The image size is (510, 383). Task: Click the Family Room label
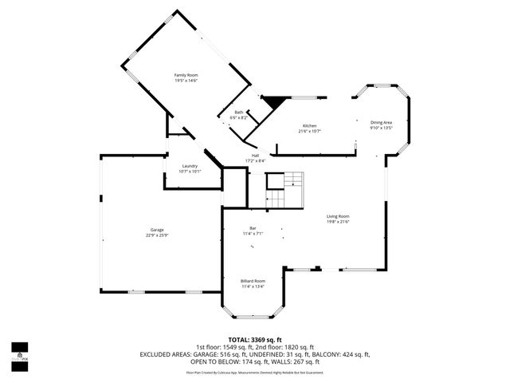(x=186, y=75)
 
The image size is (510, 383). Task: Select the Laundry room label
(x=190, y=165)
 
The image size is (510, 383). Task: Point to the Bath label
(x=238, y=113)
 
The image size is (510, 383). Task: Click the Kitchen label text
(x=309, y=126)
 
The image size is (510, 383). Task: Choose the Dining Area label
(x=382, y=122)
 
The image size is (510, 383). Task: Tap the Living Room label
(x=338, y=216)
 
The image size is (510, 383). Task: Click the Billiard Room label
(x=253, y=281)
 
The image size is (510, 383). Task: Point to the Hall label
(x=255, y=156)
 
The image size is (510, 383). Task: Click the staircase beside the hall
(x=284, y=189)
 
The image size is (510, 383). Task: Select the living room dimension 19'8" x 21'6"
(x=338, y=222)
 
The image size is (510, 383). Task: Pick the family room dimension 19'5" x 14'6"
(x=186, y=81)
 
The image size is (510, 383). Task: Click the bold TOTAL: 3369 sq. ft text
(x=255, y=339)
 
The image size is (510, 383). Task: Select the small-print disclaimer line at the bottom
(x=255, y=372)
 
